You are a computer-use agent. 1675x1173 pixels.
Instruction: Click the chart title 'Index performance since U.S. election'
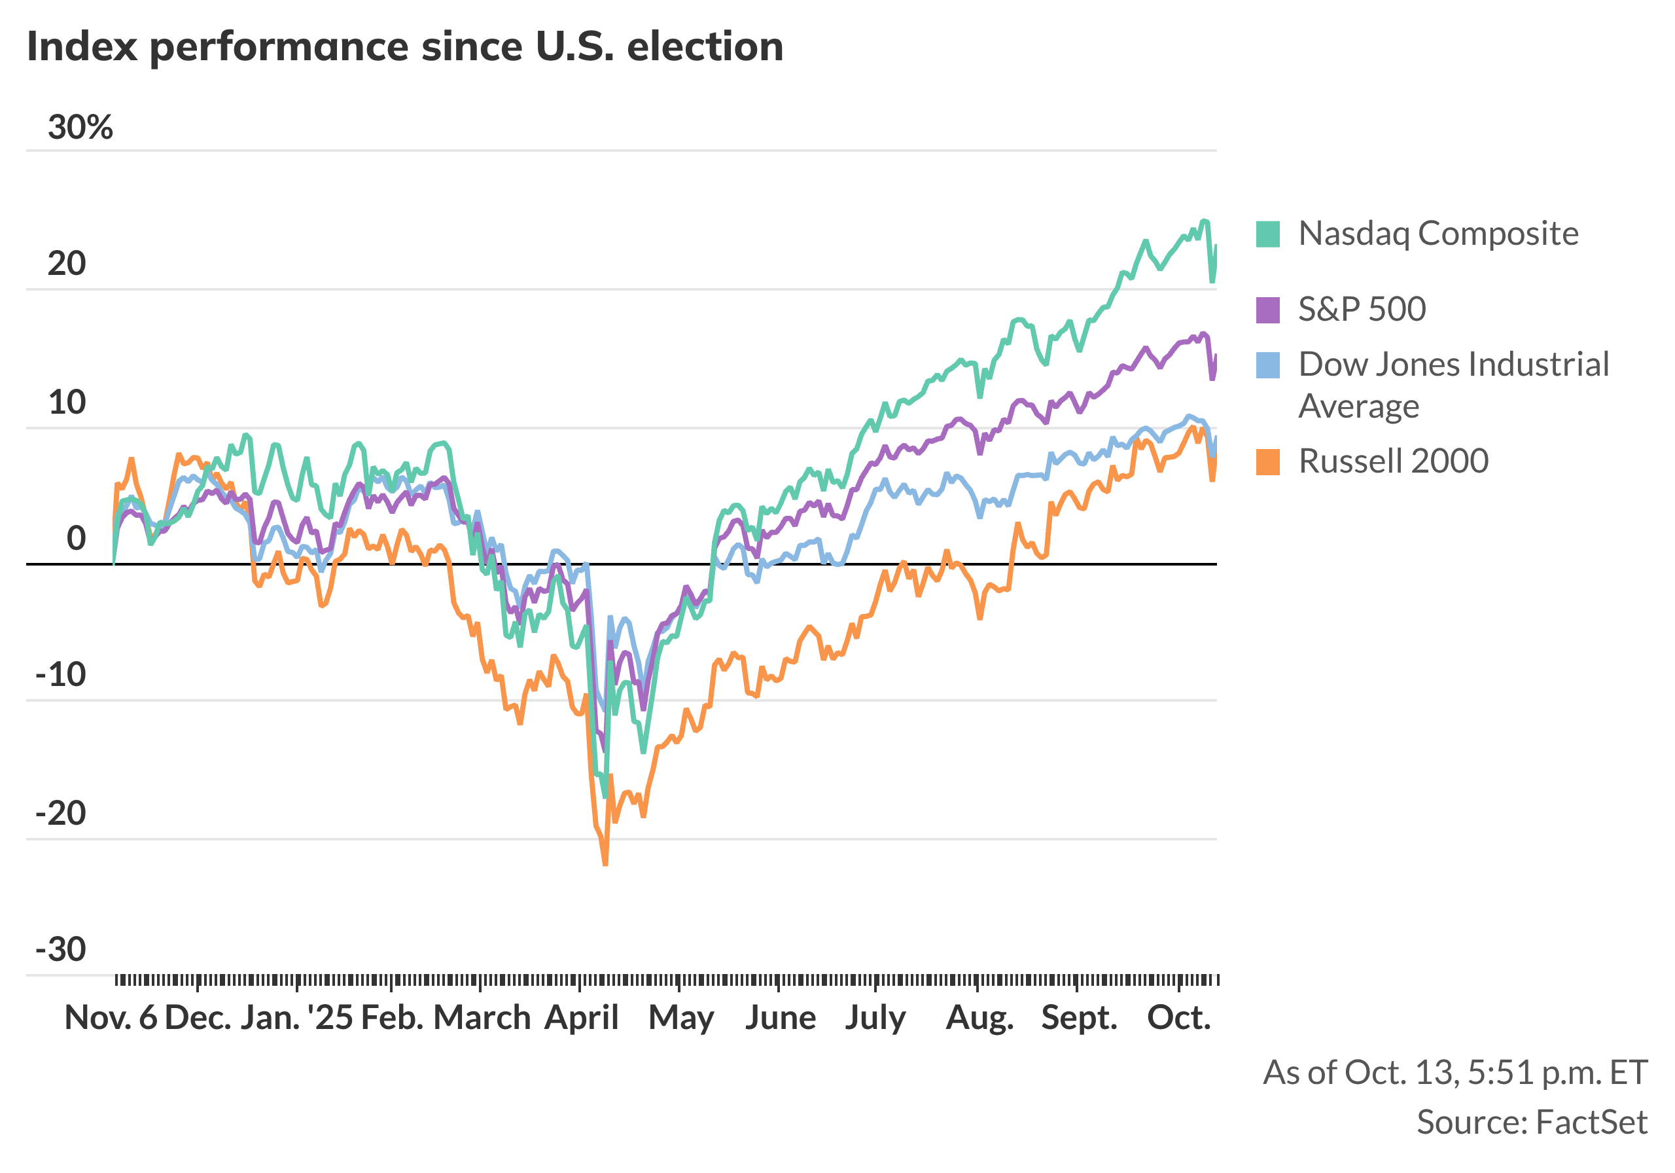[405, 46]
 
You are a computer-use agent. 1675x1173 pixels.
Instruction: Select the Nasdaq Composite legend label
[1438, 234]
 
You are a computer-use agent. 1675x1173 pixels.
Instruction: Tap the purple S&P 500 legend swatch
[1268, 310]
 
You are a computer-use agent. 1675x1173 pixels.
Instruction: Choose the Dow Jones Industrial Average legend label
[1453, 384]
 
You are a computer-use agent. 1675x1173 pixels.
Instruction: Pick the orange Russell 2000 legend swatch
[1268, 461]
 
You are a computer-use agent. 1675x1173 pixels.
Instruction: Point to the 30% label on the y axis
[80, 128]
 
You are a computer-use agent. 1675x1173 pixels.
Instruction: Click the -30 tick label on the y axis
[62, 950]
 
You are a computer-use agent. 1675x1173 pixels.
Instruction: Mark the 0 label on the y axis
[76, 539]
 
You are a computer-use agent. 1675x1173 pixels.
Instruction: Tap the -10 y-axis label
[62, 674]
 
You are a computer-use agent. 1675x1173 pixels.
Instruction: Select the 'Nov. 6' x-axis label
[111, 1017]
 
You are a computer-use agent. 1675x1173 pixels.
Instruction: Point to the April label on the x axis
[582, 1017]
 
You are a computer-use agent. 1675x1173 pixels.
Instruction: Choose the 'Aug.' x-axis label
[979, 1017]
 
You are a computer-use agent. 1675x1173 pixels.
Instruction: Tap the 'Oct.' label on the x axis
[1179, 1017]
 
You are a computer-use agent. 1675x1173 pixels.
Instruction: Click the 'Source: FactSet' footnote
[1531, 1122]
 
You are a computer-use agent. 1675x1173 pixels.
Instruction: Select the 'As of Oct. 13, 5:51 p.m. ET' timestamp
[1455, 1072]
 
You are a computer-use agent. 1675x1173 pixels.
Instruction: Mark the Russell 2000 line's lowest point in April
[605, 864]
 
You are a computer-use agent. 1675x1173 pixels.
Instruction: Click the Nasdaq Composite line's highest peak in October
[1204, 221]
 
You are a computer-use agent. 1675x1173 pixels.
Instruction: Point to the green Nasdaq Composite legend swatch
[1268, 234]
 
